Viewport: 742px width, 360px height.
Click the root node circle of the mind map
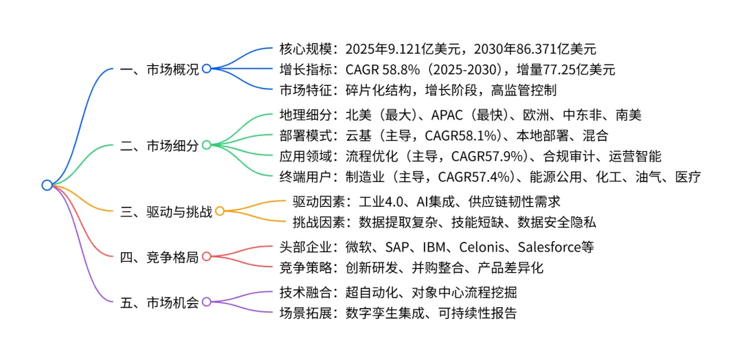pyautogui.click(x=47, y=185)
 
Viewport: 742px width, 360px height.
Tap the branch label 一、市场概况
pyautogui.click(x=159, y=69)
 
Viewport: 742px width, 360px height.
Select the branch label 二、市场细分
pyautogui.click(x=159, y=146)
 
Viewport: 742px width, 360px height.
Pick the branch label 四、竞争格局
pyautogui.click(x=159, y=258)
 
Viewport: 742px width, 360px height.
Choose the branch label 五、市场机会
pyautogui.click(x=159, y=302)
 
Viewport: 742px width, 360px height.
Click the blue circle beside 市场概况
pyautogui.click(x=206, y=69)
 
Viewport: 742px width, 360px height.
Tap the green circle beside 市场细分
pyautogui.click(x=206, y=146)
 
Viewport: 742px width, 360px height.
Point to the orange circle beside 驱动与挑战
pyautogui.click(x=220, y=211)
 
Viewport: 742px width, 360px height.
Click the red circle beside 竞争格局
pyautogui.click(x=206, y=258)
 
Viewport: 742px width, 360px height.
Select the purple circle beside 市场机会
pyautogui.click(x=206, y=302)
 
